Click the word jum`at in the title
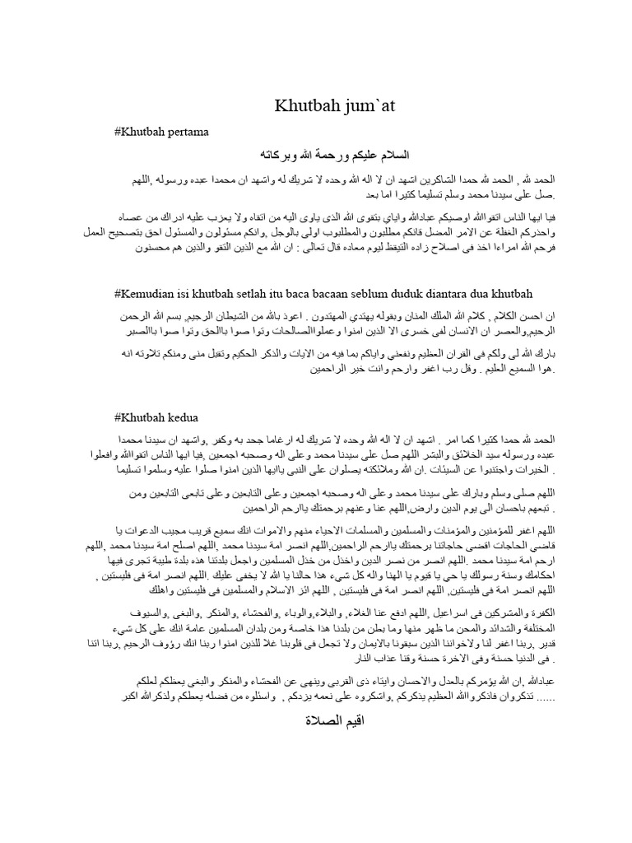point(337,105)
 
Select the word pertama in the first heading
point(191,131)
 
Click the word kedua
point(183,417)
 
